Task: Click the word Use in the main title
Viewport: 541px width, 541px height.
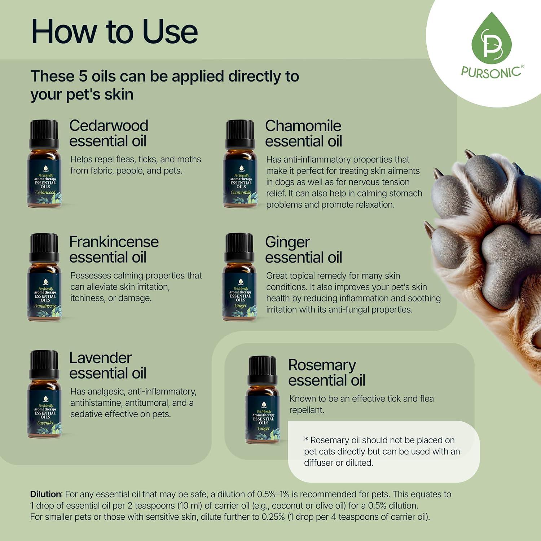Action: (170, 32)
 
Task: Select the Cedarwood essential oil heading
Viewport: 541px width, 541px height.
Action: (108, 133)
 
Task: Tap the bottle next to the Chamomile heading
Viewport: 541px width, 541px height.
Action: (241, 164)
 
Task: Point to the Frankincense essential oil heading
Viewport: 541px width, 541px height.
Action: (114, 250)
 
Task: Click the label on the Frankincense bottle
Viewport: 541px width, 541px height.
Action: (45, 296)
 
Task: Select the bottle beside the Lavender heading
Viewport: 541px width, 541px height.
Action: (44, 394)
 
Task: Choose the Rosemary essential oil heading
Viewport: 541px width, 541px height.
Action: (326, 373)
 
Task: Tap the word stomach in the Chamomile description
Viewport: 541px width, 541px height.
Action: (405, 193)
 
